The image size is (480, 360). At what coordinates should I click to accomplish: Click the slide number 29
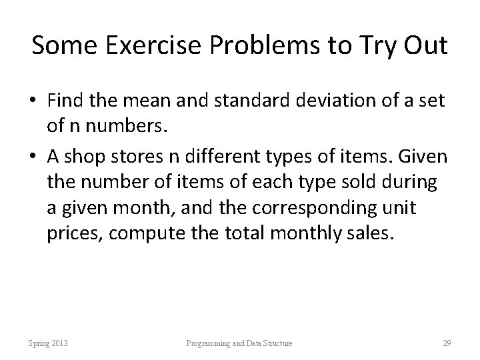(x=447, y=343)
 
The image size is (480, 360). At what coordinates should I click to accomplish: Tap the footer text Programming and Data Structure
(x=239, y=343)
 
